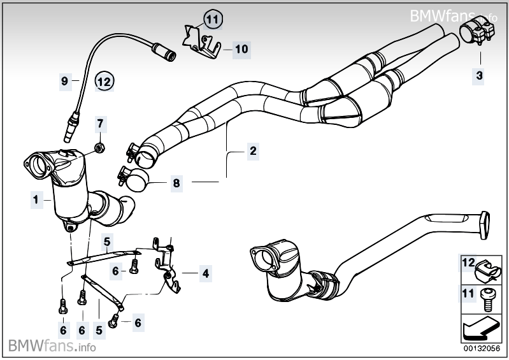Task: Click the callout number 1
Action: click(36, 199)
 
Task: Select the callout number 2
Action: click(253, 152)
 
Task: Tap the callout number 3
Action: click(478, 76)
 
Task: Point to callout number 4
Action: click(205, 274)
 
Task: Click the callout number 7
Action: click(99, 122)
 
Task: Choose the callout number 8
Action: click(177, 184)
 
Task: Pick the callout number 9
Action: click(64, 81)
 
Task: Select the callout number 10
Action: click(241, 48)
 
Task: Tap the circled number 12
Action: click(104, 81)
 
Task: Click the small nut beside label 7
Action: click(99, 148)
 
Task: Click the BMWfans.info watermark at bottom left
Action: click(52, 347)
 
